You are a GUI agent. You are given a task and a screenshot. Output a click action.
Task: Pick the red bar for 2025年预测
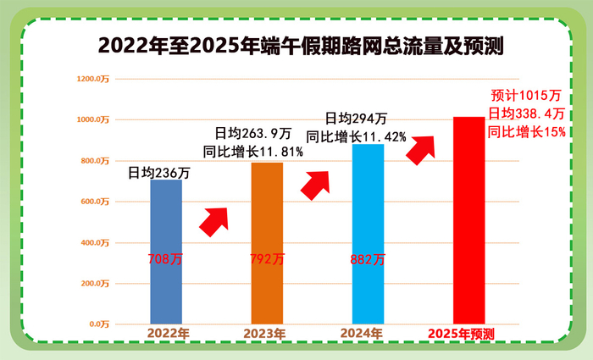pos(468,220)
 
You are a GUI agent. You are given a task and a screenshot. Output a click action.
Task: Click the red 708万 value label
pos(165,259)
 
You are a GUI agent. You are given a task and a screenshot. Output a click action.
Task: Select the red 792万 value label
pos(267,259)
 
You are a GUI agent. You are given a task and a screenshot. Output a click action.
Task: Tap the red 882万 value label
pos(367,259)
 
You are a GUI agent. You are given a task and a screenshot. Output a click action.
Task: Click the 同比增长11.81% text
pos(253,152)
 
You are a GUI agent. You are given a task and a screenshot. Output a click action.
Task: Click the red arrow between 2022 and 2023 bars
pos(214,221)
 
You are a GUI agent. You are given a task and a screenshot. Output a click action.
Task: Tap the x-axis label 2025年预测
pos(462,334)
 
